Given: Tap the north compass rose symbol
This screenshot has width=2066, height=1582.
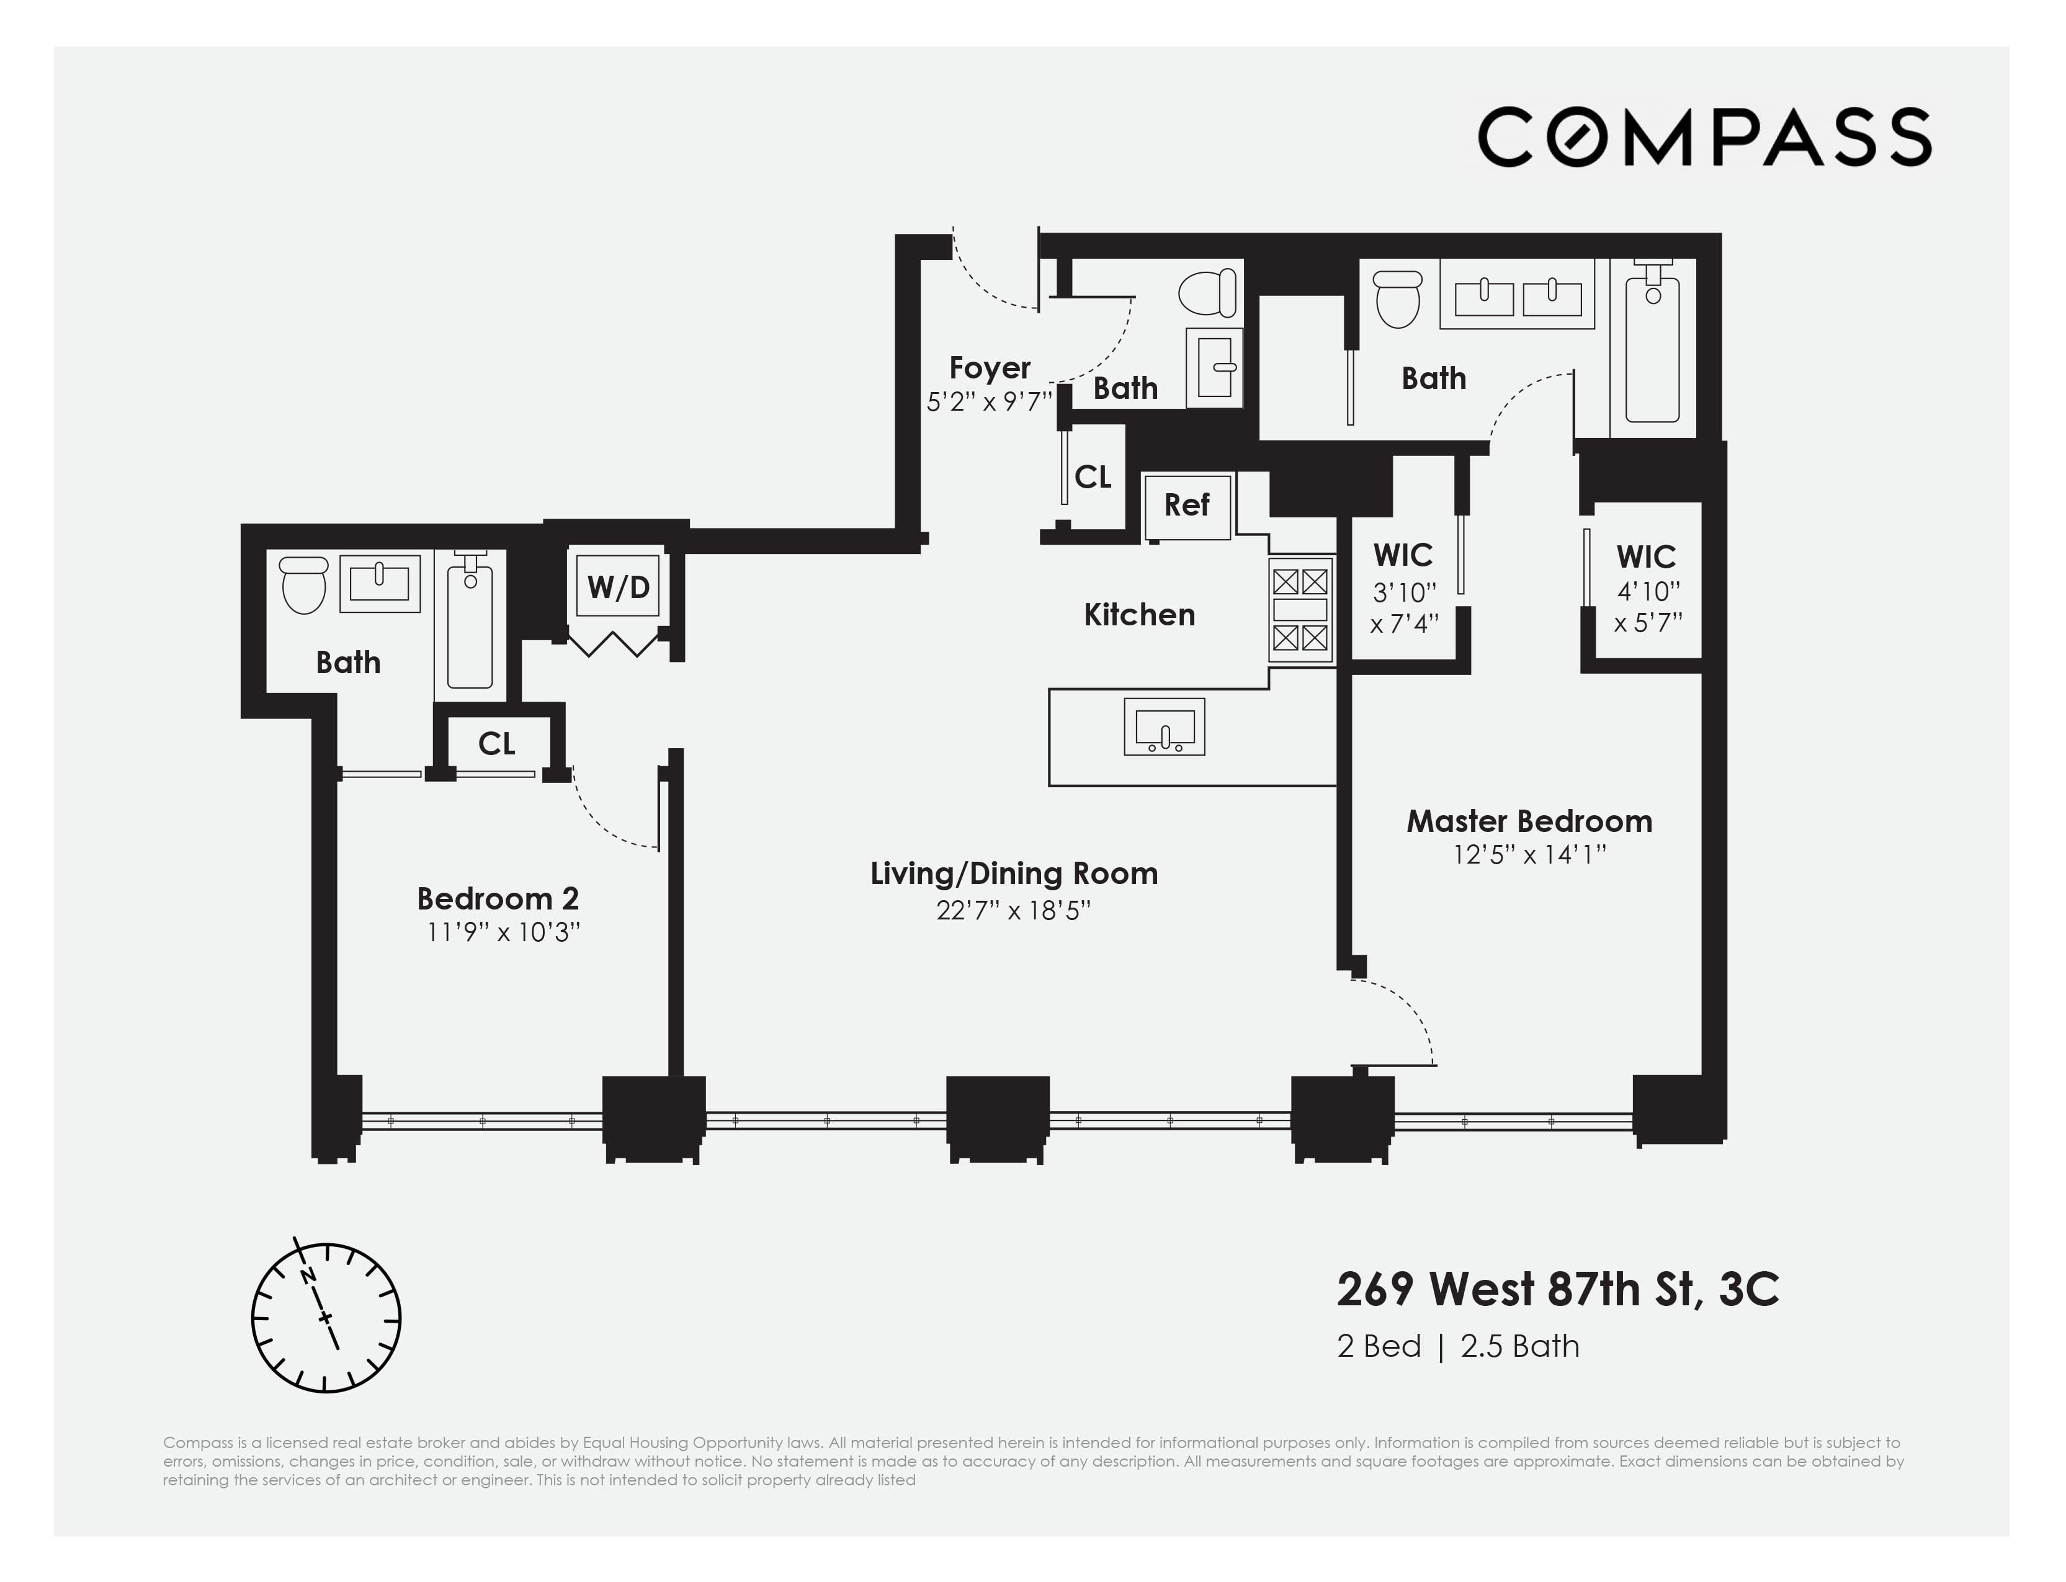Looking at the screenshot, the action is click(x=326, y=1316).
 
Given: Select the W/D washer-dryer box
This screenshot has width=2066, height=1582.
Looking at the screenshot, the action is click(x=618, y=587).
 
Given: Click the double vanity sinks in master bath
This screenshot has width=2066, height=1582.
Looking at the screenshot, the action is click(x=1517, y=297).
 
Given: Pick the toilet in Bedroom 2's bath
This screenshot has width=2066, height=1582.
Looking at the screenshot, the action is click(x=304, y=584).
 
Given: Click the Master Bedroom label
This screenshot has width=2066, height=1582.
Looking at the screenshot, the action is click(x=1529, y=821).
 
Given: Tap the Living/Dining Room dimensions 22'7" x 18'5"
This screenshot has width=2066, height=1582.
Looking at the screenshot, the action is click(x=1013, y=911).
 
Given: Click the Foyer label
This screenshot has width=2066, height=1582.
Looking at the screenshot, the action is click(x=990, y=367).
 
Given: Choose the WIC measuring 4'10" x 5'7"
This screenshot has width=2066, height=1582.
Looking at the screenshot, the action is click(x=1647, y=589).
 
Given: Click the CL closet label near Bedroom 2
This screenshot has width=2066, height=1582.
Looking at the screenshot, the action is click(x=496, y=744).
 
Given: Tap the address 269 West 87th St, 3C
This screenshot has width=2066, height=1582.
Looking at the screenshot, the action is click(x=1558, y=1289).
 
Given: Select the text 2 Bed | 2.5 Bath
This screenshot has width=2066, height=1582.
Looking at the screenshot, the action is click(x=1459, y=1347).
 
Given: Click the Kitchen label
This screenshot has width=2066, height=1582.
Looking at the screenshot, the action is click(x=1140, y=615).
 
